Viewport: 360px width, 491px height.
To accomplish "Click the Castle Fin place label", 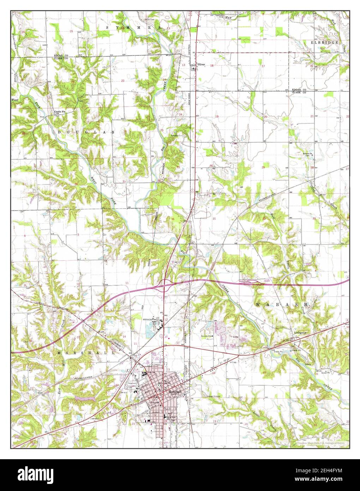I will point(60,112).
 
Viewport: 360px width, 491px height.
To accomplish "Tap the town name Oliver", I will point(201,65).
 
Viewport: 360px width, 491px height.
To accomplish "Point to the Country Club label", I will point(208,336).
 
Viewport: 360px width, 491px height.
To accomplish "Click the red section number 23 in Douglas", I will point(123,81).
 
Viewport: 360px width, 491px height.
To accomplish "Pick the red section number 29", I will point(263,167).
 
